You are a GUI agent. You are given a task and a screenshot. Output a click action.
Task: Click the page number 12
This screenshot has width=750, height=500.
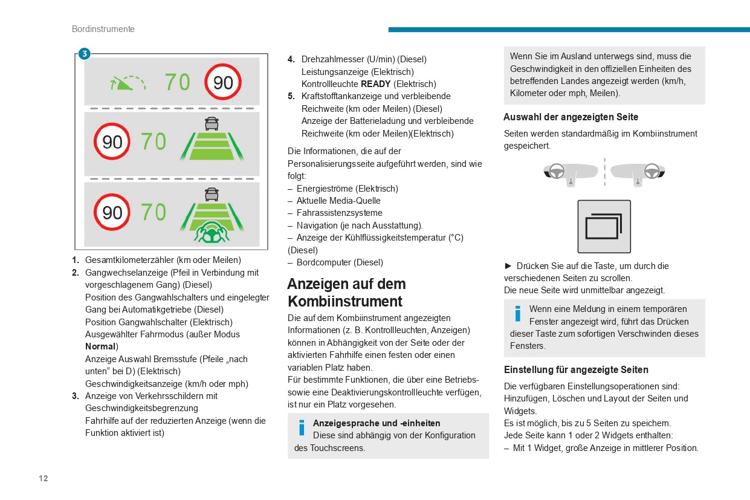(44, 478)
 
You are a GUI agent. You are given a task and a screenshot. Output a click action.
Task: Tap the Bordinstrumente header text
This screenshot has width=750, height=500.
(103, 29)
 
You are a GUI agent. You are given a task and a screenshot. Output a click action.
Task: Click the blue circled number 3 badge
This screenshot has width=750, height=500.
(84, 54)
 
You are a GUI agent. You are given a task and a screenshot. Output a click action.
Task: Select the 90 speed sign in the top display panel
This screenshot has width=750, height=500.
(223, 82)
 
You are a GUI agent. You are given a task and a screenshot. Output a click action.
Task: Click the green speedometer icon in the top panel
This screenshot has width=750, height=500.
(128, 82)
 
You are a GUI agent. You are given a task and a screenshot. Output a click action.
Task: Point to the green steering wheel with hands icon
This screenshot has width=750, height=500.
(211, 233)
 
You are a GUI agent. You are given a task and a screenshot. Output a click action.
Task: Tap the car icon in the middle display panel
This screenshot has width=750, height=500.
(212, 123)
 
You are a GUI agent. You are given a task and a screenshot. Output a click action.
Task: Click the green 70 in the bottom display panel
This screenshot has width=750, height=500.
(154, 212)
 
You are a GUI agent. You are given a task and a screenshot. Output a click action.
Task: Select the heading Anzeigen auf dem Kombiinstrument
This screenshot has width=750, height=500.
(346, 293)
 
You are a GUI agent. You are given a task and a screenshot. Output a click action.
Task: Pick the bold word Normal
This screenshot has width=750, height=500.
(100, 346)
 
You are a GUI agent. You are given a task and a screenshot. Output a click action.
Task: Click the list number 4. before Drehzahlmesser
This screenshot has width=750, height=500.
(291, 59)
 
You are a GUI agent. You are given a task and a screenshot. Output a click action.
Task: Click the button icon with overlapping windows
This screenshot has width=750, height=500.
(604, 227)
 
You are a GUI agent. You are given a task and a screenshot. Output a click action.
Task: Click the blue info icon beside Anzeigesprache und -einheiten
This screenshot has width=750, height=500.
(302, 428)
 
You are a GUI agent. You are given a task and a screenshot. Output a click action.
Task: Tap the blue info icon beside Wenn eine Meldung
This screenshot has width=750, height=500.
(517, 314)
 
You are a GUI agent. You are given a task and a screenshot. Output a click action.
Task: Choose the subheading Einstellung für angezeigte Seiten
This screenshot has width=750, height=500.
(576, 369)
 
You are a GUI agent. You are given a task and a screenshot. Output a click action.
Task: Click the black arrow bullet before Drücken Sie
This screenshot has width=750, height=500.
(508, 266)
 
